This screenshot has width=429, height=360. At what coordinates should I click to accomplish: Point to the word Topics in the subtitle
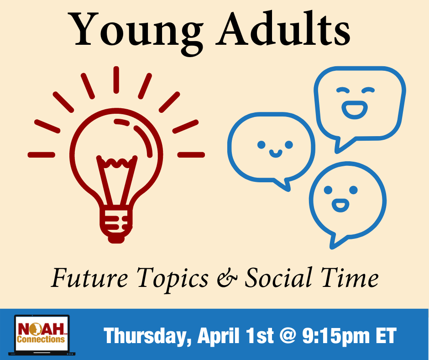(173, 280)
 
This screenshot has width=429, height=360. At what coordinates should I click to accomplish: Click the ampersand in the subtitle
(227, 278)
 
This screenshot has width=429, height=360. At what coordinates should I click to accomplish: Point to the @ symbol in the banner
(288, 336)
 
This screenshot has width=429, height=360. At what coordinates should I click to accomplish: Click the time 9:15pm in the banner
(336, 336)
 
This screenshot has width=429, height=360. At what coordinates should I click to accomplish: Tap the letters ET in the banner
(386, 335)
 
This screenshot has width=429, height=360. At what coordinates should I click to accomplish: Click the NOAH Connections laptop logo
(42, 335)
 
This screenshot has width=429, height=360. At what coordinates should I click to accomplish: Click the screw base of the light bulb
(116, 224)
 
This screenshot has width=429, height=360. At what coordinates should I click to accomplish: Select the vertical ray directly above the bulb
(116, 80)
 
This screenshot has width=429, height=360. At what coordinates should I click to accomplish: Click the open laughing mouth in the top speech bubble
(355, 110)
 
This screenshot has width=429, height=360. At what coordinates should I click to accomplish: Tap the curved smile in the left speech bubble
(276, 154)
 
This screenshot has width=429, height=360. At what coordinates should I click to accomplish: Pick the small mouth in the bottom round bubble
(340, 205)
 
